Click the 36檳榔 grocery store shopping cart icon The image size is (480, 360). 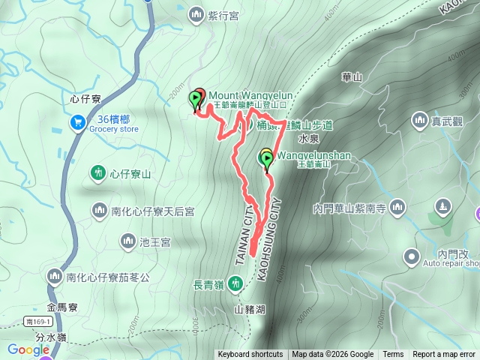click(x=77, y=121)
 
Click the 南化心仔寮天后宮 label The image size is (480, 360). click(x=153, y=211)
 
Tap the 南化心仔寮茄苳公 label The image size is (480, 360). click(x=108, y=277)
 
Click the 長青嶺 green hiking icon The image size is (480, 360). click(x=235, y=283)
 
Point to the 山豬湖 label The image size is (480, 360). click(x=250, y=308)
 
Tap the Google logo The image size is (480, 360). click(x=28, y=349)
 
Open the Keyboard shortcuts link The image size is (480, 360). click(x=250, y=355)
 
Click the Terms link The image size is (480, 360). click(x=393, y=355)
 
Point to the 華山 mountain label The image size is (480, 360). click(x=352, y=76)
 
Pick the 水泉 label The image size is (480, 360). click(x=309, y=139)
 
